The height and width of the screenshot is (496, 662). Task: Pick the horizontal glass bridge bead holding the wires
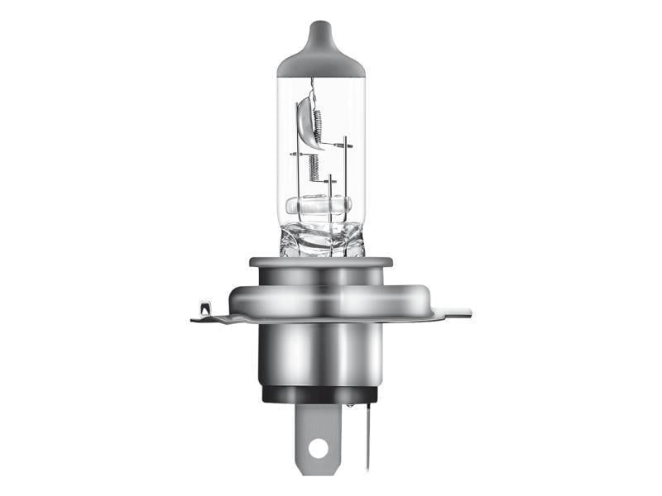click(x=319, y=205)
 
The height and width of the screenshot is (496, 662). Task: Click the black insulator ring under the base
click(x=321, y=393)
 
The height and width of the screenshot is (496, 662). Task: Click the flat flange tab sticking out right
click(x=451, y=313)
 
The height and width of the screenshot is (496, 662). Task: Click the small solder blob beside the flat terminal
click(x=351, y=406)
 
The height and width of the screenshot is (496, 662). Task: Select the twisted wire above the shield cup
click(x=312, y=88)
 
